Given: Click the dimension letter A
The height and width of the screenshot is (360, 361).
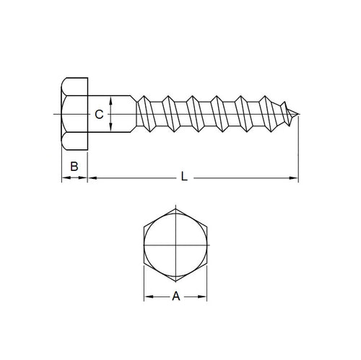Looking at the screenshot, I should [175, 296].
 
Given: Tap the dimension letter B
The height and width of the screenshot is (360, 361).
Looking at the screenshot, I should [73, 167].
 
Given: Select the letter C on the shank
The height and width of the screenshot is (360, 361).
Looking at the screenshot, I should [100, 115].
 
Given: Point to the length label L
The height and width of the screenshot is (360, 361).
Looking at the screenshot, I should [186, 176].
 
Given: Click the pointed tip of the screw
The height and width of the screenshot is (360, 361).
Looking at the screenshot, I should [298, 114].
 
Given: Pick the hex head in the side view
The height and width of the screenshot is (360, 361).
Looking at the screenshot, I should [73, 114].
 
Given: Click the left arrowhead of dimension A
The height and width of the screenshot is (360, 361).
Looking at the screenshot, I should [146, 296].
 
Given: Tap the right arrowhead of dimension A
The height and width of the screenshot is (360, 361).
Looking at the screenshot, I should [205, 296].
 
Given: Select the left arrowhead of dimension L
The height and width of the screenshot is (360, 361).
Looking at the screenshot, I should [90, 177].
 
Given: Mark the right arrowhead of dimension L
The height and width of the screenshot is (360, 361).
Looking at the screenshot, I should [295, 177].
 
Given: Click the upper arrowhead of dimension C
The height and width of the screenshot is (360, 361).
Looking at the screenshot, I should [110, 100].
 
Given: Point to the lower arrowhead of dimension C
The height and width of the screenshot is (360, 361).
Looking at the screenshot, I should [110, 129].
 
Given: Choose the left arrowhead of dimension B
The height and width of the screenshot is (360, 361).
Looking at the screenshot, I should [62, 177].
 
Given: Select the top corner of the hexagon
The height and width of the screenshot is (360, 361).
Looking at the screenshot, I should [175, 207].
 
